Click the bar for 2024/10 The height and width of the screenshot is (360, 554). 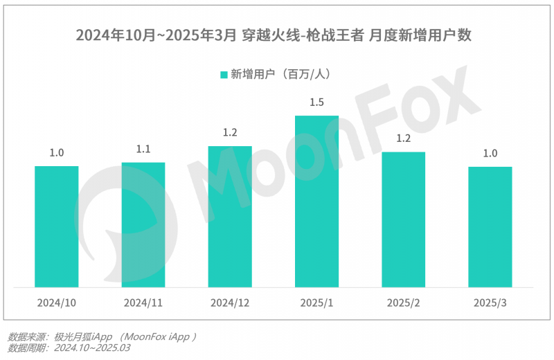[57, 226]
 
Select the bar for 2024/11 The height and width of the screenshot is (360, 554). [143, 224]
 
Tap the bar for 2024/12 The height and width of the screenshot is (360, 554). [230, 216]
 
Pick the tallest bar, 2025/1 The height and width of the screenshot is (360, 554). [316, 201]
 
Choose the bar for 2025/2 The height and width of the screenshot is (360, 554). [403, 219]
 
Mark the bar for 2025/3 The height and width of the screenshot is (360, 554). [490, 226]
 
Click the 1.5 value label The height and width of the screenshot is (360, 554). [316, 102]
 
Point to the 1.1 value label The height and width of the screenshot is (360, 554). [143, 149]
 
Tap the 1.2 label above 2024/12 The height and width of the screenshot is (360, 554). [230, 133]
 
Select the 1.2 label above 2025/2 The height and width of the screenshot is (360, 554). [403, 138]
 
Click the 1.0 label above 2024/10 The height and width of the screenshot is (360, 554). [57, 153]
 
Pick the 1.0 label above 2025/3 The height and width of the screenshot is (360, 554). [490, 153]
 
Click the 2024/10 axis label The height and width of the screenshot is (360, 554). [57, 303]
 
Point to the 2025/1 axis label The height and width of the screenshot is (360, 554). [316, 303]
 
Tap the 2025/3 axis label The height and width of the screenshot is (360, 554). [490, 303]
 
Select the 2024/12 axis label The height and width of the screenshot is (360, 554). [230, 303]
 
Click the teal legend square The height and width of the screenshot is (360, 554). [224, 74]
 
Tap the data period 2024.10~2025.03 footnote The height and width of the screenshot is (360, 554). [69, 348]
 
